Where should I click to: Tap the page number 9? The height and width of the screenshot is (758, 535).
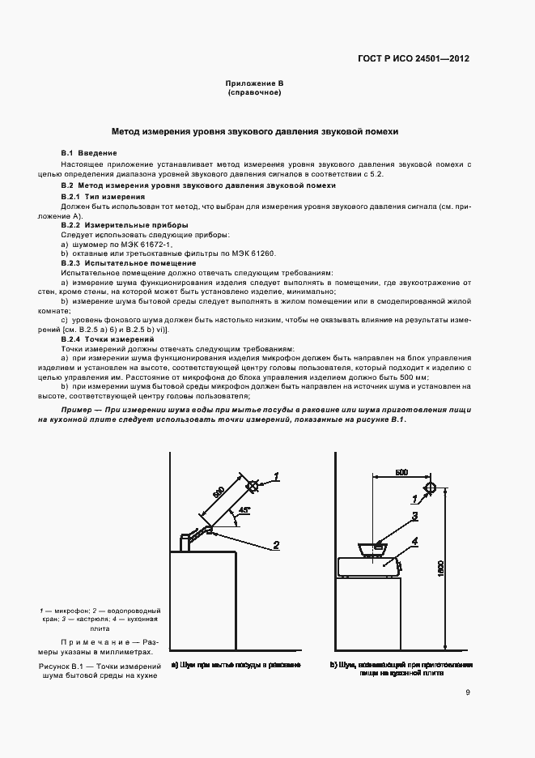[x=468, y=692]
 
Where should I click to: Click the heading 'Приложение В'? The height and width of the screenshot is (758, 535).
[x=254, y=83]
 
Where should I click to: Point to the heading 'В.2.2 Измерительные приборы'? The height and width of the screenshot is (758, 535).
[x=125, y=224]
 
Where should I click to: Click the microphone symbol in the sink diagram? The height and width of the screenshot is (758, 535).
[x=253, y=486]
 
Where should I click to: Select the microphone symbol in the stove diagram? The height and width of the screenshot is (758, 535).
[x=430, y=489]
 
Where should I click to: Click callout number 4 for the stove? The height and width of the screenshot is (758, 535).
[x=414, y=540]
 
